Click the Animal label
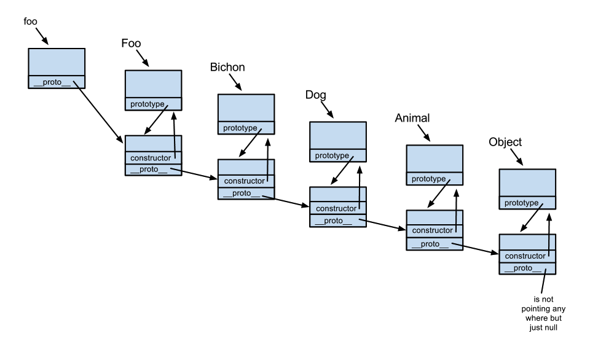coord(411,118)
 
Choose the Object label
coord(505,142)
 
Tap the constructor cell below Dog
coord(337,209)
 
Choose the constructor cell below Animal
coord(434,230)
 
